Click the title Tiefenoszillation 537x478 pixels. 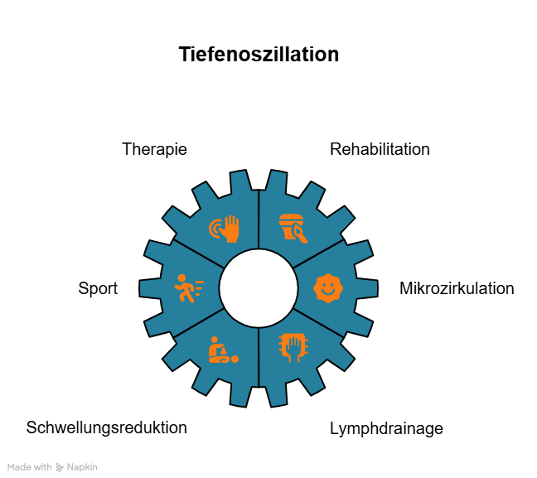pyautogui.click(x=259, y=55)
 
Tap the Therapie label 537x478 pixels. pyautogui.click(x=154, y=149)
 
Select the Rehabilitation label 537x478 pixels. pyautogui.click(x=380, y=149)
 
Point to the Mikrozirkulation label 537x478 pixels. pyautogui.click(x=457, y=288)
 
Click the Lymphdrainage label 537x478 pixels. pyautogui.click(x=386, y=428)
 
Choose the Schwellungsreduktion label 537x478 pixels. pyautogui.click(x=107, y=427)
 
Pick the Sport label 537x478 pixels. pyautogui.click(x=98, y=288)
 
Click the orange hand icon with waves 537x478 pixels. pyautogui.click(x=225, y=229)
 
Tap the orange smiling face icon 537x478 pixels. pyautogui.click(x=327, y=288)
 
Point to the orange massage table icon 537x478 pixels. pyautogui.click(x=222, y=350)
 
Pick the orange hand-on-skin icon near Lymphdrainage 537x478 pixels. pyautogui.click(x=293, y=348)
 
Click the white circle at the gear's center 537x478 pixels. pyautogui.click(x=259, y=288)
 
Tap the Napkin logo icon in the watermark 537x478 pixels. pyautogui.click(x=60, y=467)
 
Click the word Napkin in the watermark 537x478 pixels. pyautogui.click(x=82, y=467)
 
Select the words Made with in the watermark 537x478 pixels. pyautogui.click(x=31, y=467)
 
